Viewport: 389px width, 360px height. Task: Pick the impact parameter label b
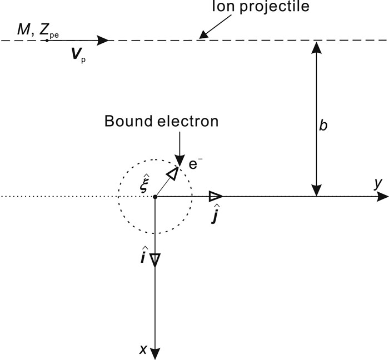click(323, 125)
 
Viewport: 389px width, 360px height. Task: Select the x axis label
click(143, 349)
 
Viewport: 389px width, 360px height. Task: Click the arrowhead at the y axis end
click(382, 196)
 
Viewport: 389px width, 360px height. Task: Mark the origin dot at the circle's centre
click(155, 196)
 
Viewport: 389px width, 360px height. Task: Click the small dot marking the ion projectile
click(47, 41)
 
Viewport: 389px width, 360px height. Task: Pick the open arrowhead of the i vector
click(155, 261)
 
